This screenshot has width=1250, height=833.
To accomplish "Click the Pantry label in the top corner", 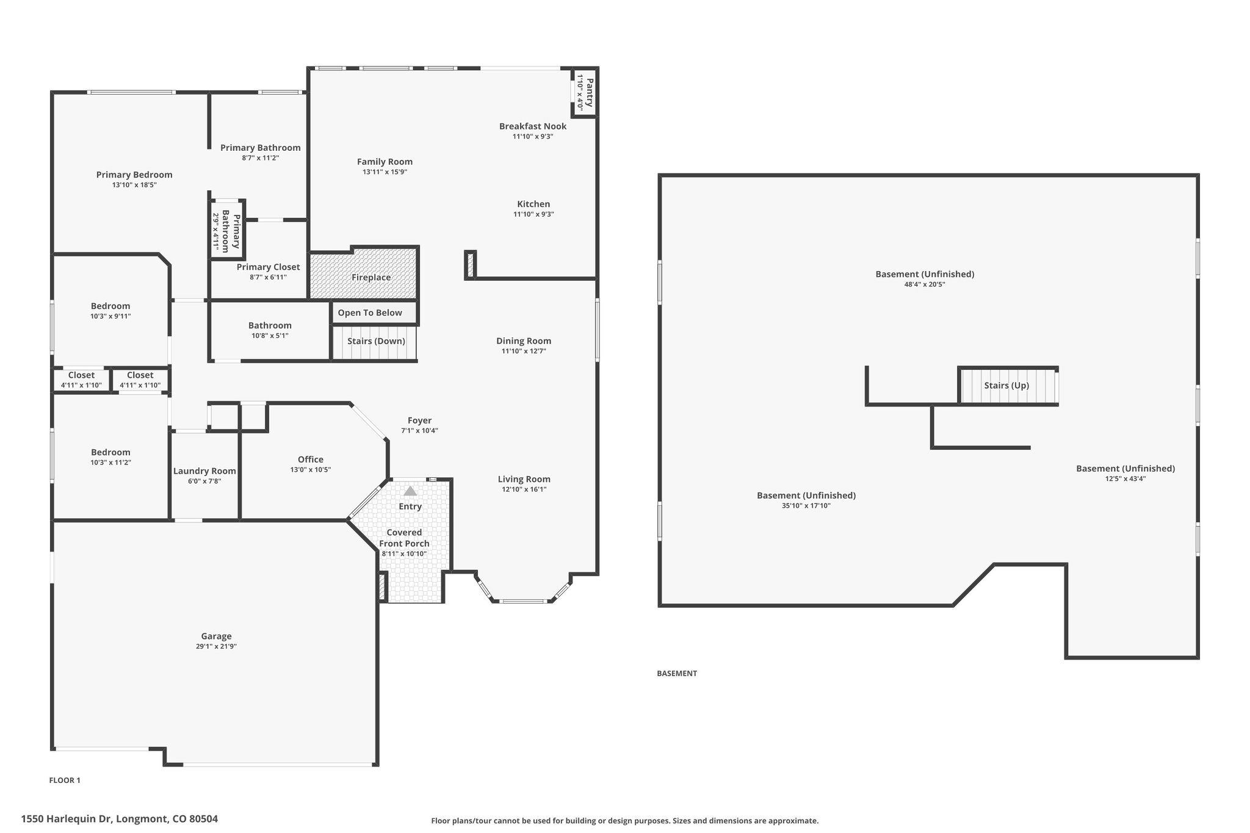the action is [590, 92].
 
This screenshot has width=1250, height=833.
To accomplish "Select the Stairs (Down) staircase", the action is [375, 343].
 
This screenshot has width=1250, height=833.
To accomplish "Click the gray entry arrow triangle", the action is [410, 491].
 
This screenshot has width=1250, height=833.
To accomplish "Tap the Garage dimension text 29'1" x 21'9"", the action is [216, 646].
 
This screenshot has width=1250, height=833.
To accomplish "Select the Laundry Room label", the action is [204, 471].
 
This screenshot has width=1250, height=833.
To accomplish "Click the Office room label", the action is [311, 460].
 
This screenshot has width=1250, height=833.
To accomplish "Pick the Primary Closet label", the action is [269, 267].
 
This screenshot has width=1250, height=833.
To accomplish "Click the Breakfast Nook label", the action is [533, 126].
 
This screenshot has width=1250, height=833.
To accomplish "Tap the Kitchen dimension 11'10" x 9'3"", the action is [533, 214].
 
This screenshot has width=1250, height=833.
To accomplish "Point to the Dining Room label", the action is [524, 341].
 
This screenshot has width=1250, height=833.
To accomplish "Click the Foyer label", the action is [420, 420].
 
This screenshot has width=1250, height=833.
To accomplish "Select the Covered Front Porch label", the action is [404, 538].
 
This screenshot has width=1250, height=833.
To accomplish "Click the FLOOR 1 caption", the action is [65, 780].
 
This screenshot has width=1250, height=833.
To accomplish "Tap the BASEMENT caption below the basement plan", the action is [677, 673].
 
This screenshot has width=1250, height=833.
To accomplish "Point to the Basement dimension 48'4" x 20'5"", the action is [925, 284].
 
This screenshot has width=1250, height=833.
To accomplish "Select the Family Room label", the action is [385, 162].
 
